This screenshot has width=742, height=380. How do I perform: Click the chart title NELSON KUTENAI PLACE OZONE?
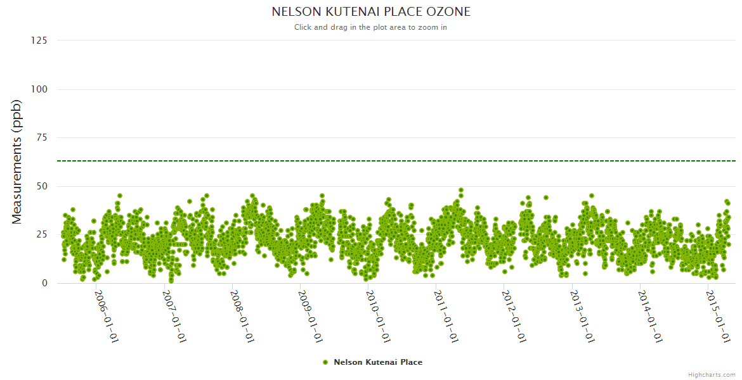point(371,12)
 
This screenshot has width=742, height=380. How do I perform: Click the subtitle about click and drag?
point(370,27)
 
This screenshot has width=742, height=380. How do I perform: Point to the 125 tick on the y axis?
point(39,41)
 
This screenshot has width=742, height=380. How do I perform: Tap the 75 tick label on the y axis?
point(41,137)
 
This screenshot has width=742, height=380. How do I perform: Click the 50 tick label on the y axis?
point(41,186)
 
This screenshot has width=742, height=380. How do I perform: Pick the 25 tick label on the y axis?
point(41,235)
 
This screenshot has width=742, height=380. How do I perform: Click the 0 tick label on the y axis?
point(44,283)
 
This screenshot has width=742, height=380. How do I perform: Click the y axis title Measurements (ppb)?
point(17,161)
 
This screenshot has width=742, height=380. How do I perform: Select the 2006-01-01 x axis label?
point(107,316)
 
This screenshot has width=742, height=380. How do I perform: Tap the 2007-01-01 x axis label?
point(174,316)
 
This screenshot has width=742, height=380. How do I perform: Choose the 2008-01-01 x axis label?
point(242,316)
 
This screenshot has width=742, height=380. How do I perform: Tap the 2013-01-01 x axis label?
point(582,316)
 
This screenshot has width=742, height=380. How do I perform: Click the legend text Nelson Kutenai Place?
point(378,362)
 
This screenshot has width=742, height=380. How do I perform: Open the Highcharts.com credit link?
point(712,374)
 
